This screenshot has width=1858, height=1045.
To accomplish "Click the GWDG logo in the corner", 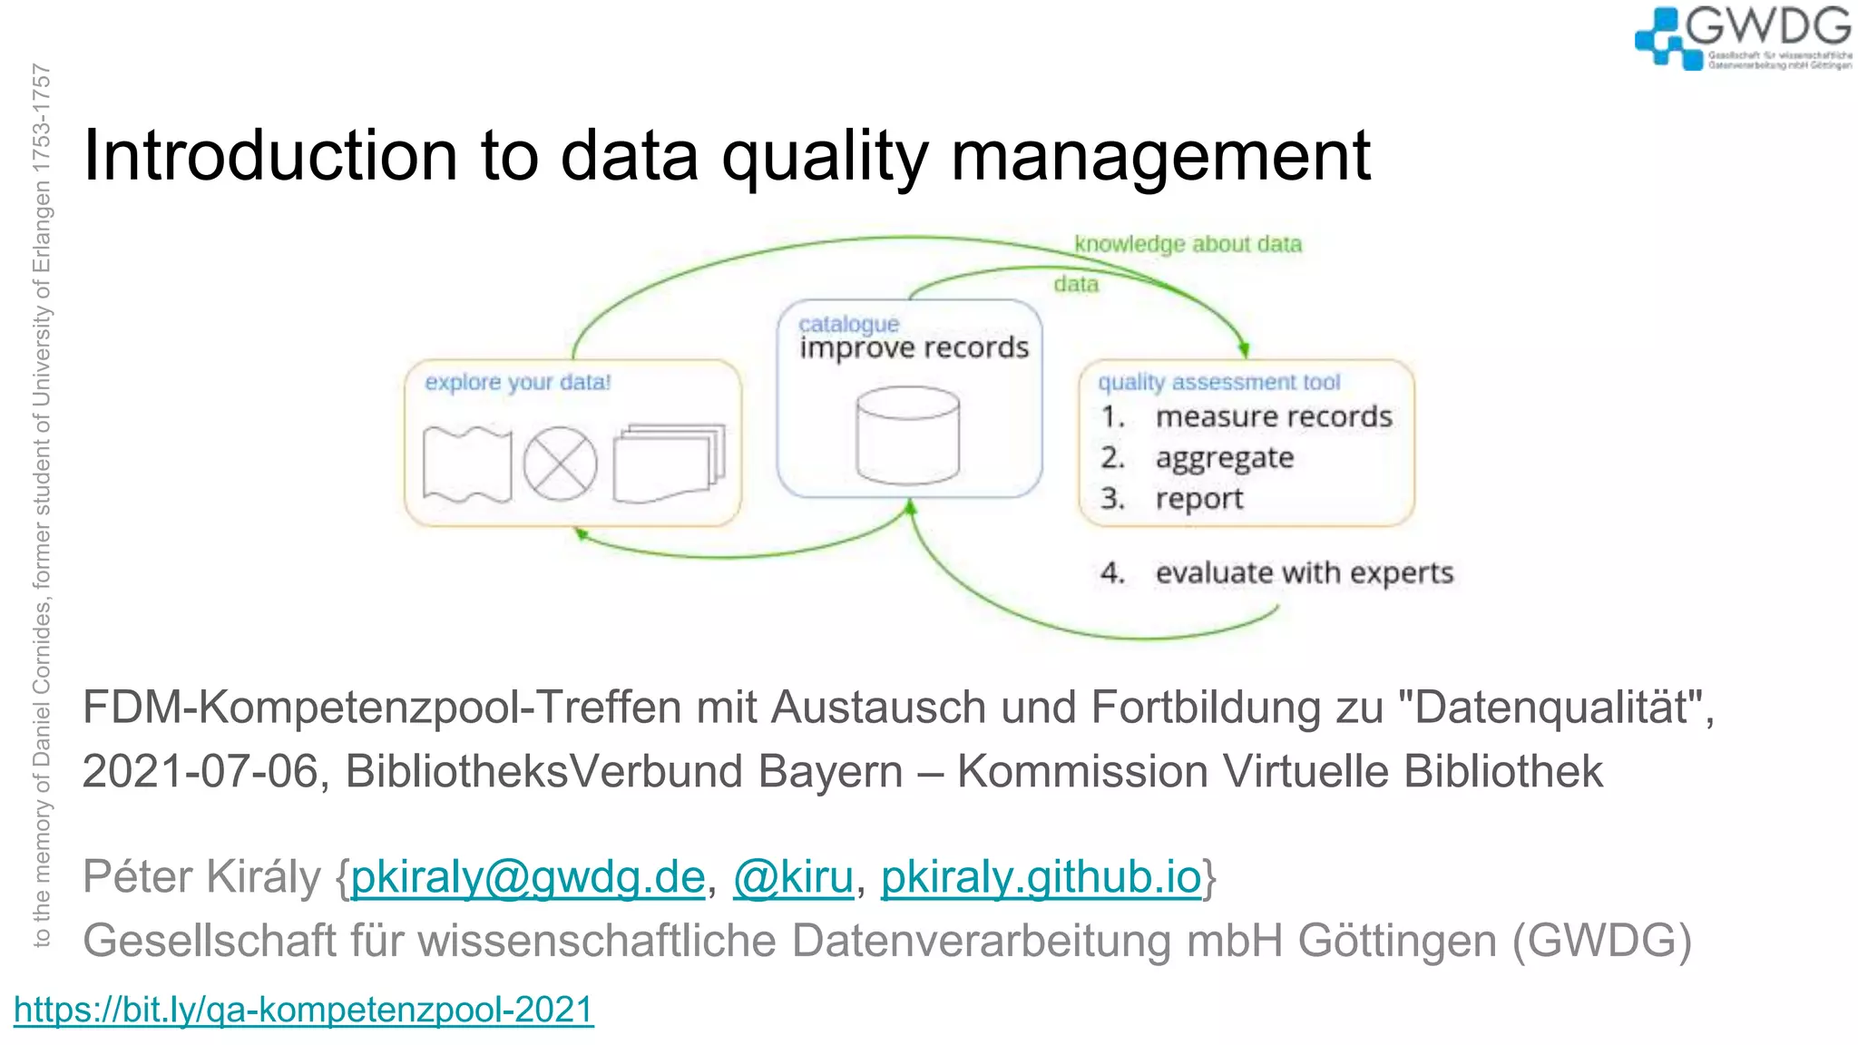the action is point(1742,38).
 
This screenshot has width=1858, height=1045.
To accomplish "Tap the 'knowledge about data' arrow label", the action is point(1188,244).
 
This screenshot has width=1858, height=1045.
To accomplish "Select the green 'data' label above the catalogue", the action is point(1076,285).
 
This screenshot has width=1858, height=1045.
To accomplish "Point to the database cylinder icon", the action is point(907,435).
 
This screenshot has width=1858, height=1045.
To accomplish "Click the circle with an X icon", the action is point(560,464).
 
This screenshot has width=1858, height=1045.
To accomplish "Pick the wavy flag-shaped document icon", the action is point(467,464).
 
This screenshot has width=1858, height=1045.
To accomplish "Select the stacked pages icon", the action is point(670,463).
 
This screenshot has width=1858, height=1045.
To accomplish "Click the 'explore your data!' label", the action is point(518,382).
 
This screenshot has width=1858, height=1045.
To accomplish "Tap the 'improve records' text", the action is point(914,348).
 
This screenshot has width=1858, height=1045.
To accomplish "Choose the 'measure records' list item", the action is point(1273,417).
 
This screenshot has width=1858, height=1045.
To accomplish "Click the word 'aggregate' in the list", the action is point(1224,459).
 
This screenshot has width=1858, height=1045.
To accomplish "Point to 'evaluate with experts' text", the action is point(1304,573).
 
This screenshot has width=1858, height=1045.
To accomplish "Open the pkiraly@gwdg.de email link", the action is point(528,877).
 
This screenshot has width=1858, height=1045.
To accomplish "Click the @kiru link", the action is point(793,877).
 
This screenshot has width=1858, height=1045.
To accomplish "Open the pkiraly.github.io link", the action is point(1041,877).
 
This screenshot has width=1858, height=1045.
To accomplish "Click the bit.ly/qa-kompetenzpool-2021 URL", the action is point(304,1010).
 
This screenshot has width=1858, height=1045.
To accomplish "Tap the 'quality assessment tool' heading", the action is point(1218,382).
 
